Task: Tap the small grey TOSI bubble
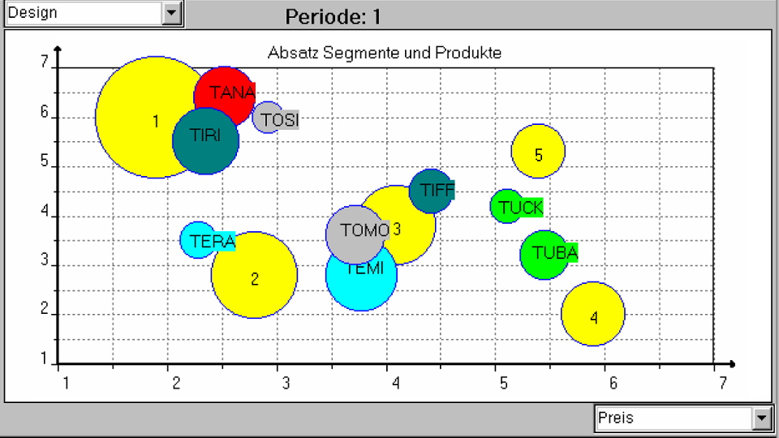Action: (x=268, y=118)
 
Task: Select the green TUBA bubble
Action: (x=544, y=254)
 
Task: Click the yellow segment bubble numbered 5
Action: (x=538, y=152)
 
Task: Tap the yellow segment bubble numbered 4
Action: (x=593, y=315)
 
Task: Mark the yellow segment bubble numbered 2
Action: (x=254, y=276)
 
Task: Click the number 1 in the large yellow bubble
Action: (x=155, y=122)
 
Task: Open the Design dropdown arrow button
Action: (x=171, y=13)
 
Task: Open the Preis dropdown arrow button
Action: (x=761, y=419)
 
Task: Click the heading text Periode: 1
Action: (x=334, y=17)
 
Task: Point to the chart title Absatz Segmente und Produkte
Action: (x=384, y=54)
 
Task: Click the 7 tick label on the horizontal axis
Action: (x=714, y=381)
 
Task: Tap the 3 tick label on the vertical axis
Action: (x=45, y=265)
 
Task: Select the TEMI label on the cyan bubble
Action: (x=364, y=269)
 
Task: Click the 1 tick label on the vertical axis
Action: (x=45, y=363)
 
